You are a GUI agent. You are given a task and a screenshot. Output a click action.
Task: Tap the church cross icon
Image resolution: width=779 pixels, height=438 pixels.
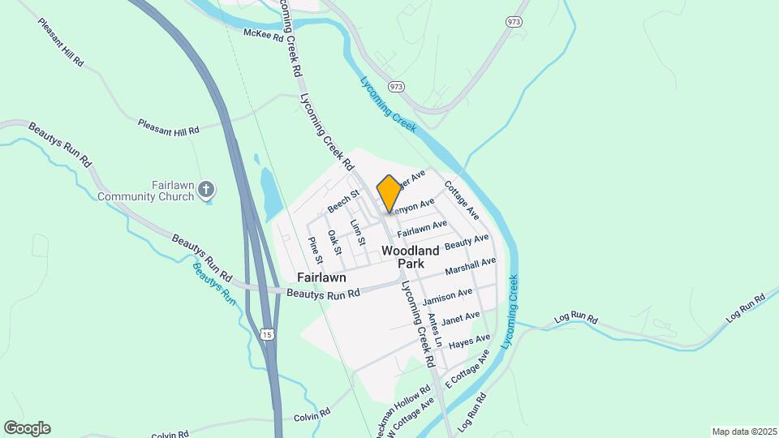click(x=207, y=191)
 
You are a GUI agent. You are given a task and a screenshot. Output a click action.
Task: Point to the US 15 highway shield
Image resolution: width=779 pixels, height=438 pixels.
click(x=267, y=334)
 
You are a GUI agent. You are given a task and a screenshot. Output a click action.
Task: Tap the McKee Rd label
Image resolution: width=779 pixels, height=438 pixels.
click(x=264, y=35)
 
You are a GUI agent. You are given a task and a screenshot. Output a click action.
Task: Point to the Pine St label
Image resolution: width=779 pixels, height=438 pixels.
click(x=316, y=250)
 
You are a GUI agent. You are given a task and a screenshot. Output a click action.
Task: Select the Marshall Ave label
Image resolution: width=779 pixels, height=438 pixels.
click(x=471, y=267)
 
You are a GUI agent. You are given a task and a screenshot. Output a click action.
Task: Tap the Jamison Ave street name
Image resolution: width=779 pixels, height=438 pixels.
click(x=448, y=297)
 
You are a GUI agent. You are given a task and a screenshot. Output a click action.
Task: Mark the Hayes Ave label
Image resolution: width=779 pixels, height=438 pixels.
click(x=470, y=341)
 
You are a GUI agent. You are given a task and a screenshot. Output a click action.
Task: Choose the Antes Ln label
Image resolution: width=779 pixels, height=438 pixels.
click(x=434, y=328)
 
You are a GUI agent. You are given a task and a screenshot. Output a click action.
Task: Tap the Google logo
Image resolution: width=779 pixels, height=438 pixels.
click(x=27, y=428)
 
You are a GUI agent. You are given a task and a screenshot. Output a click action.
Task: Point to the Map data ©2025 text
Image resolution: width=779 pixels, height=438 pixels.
click(x=743, y=432)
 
